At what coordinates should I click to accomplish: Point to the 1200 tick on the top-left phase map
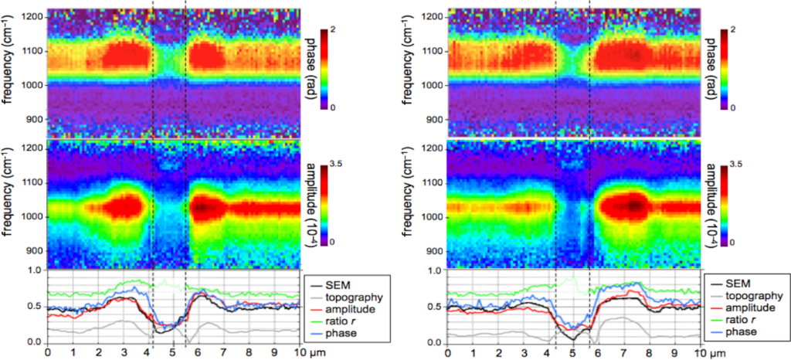point(32,16)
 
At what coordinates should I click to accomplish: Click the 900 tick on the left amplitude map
point(35,251)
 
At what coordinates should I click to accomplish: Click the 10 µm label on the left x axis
point(306,353)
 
